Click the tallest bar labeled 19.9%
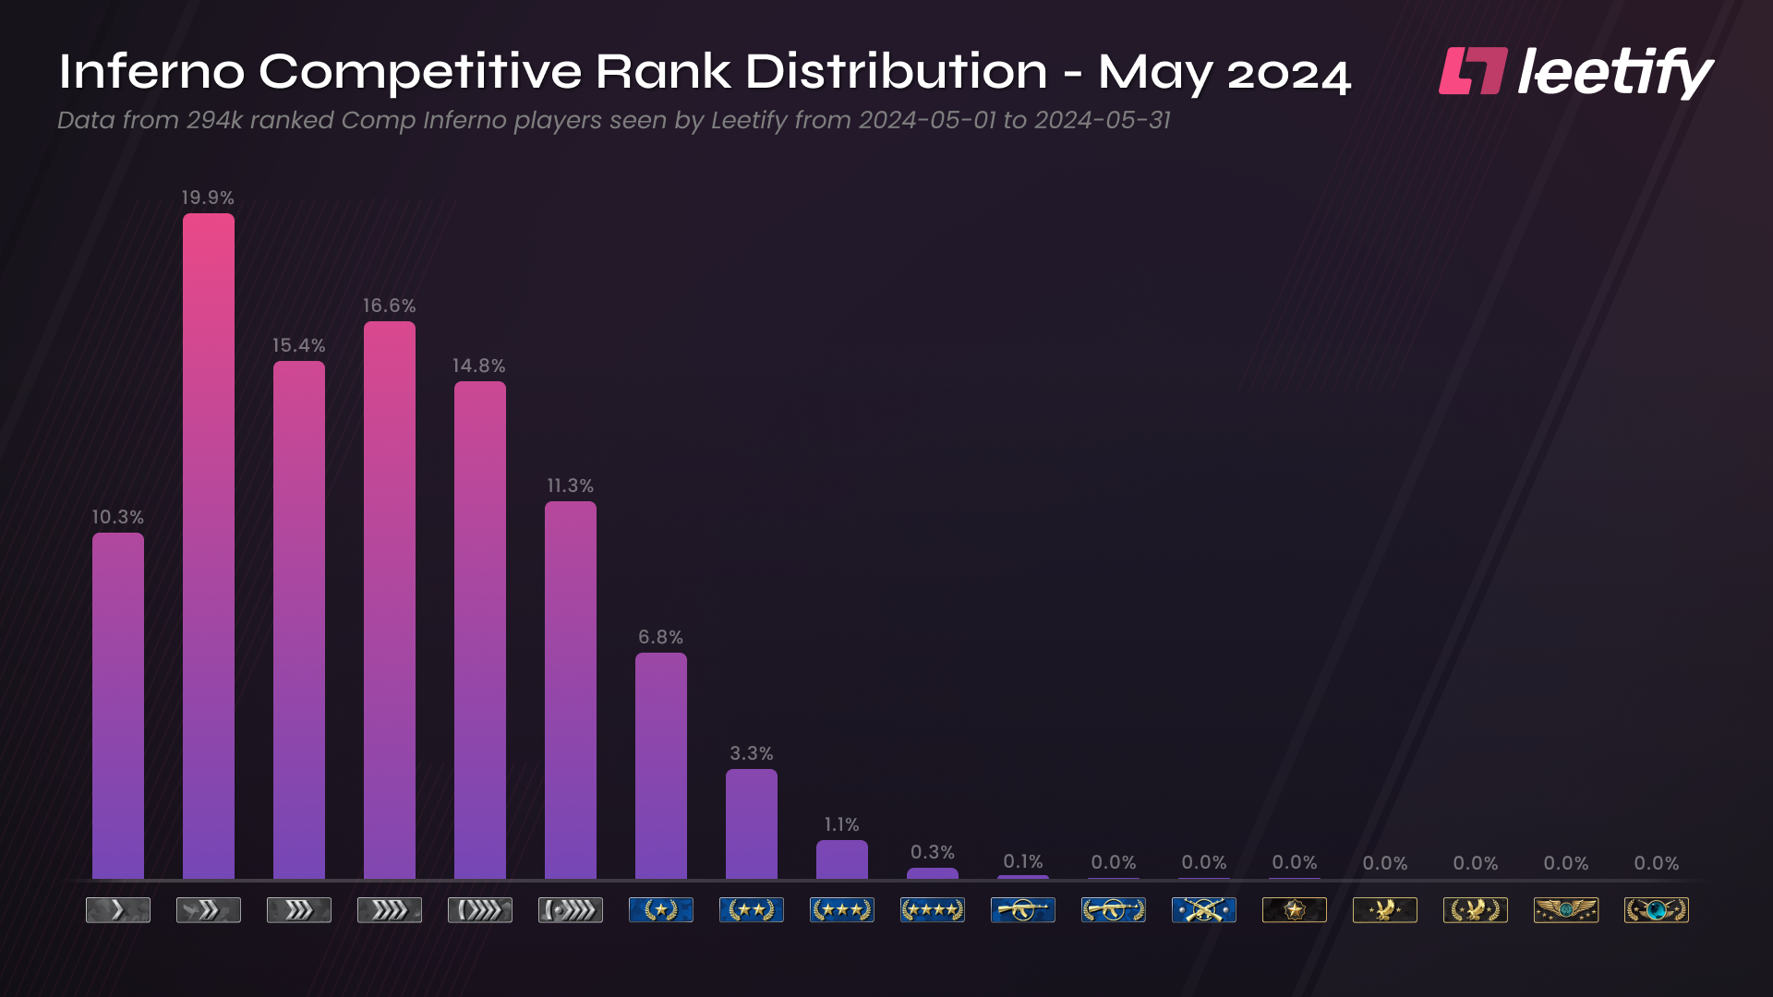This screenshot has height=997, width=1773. [x=208, y=545]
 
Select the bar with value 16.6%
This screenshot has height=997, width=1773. [x=389, y=600]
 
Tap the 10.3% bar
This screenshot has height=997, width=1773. [x=117, y=706]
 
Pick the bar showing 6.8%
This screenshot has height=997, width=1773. [x=660, y=766]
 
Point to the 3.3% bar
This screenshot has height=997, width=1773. [x=751, y=823]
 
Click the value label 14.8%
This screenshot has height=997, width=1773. [x=478, y=366]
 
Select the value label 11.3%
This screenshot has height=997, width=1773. [x=570, y=486]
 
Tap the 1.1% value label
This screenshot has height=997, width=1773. [x=841, y=824]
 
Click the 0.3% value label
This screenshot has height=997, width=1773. [x=932, y=852]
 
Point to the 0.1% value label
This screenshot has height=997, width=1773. [x=1022, y=861]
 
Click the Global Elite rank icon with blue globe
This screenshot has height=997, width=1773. [x=1656, y=910]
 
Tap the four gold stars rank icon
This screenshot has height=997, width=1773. [x=932, y=910]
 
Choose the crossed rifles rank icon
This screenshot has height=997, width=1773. [x=1203, y=910]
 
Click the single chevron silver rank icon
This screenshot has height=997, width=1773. [x=117, y=910]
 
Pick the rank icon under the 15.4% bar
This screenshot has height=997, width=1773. [x=298, y=910]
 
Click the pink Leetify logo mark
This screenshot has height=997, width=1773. [x=1472, y=71]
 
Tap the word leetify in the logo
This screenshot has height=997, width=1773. [x=1615, y=72]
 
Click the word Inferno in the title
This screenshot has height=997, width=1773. [x=151, y=71]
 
